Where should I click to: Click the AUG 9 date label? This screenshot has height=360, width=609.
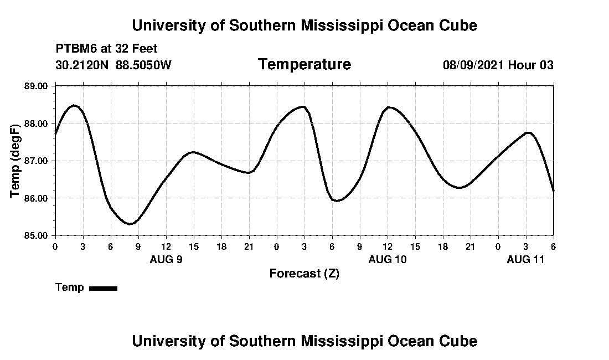point(166,259)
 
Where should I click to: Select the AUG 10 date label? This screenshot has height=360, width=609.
point(388,259)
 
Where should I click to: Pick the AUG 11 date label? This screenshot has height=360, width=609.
point(526,259)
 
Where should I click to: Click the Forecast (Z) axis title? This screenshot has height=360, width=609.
point(304,274)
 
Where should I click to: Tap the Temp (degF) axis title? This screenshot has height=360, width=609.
point(16,161)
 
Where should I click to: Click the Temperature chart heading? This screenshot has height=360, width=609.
point(304,65)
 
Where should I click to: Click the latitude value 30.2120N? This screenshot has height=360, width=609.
point(82,65)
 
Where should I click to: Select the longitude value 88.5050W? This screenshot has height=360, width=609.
point(143,65)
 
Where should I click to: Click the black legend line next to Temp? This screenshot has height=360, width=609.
point(103,288)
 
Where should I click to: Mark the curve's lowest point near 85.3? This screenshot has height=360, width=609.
point(129,224)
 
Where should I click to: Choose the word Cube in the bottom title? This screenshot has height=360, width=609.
point(460,341)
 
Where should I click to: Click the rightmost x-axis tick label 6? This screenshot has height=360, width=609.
point(553,246)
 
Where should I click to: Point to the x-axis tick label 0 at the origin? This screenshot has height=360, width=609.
point(55,246)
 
